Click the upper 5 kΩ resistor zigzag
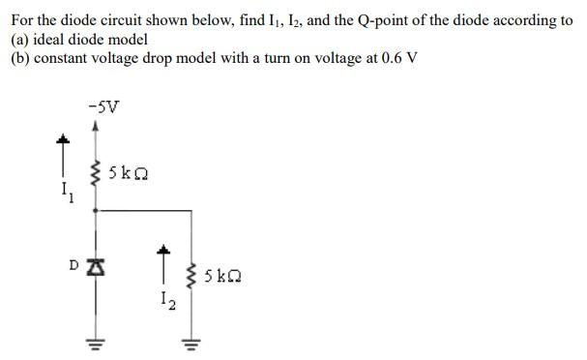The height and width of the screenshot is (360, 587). pyautogui.click(x=95, y=175)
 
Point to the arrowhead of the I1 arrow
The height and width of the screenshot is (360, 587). pyautogui.click(x=65, y=142)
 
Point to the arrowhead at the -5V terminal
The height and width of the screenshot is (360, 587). pyautogui.click(x=95, y=125)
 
